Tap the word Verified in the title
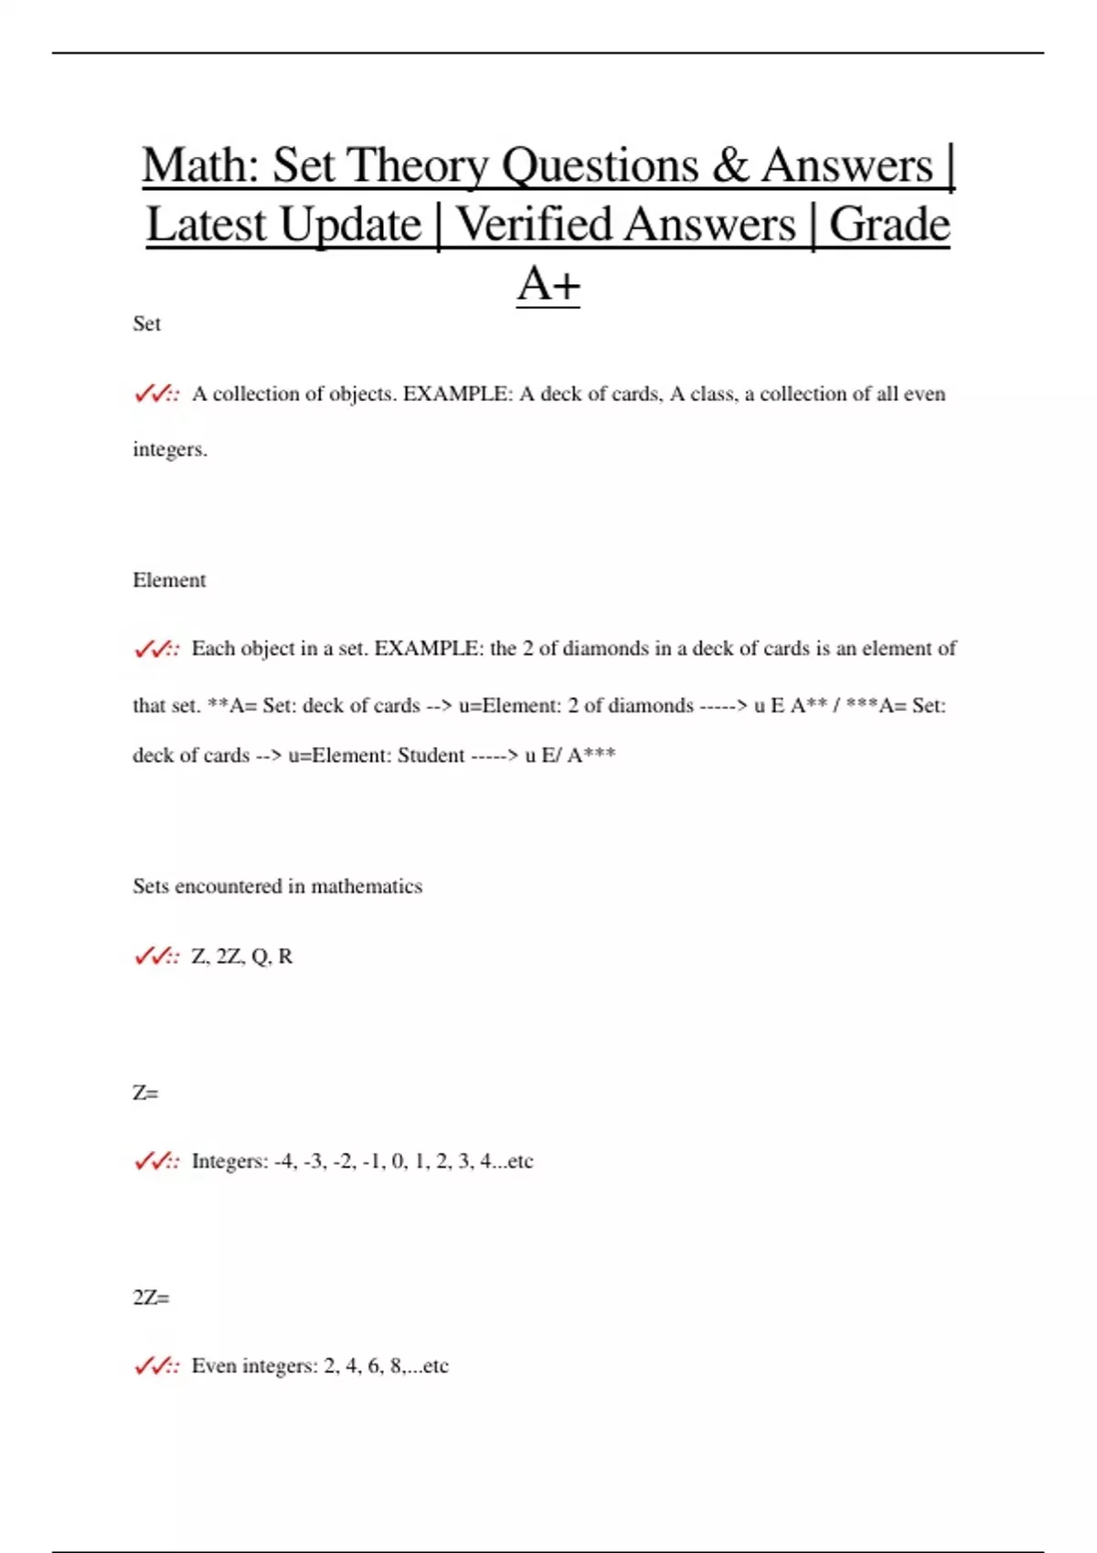(x=626, y=225)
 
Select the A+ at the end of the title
(x=548, y=283)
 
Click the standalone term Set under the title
(x=146, y=323)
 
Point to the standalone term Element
(x=169, y=580)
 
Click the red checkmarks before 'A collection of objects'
(x=156, y=395)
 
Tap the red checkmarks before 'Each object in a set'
(x=156, y=650)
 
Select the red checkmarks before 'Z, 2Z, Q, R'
(x=156, y=956)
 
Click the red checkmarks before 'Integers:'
(x=156, y=1162)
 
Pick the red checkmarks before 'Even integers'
(x=156, y=1367)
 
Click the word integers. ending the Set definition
(x=170, y=449)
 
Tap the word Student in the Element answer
(x=431, y=755)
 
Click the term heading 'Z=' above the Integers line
(x=145, y=1093)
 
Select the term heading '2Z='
(x=151, y=1297)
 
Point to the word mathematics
(x=367, y=886)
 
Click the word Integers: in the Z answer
(x=229, y=1161)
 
